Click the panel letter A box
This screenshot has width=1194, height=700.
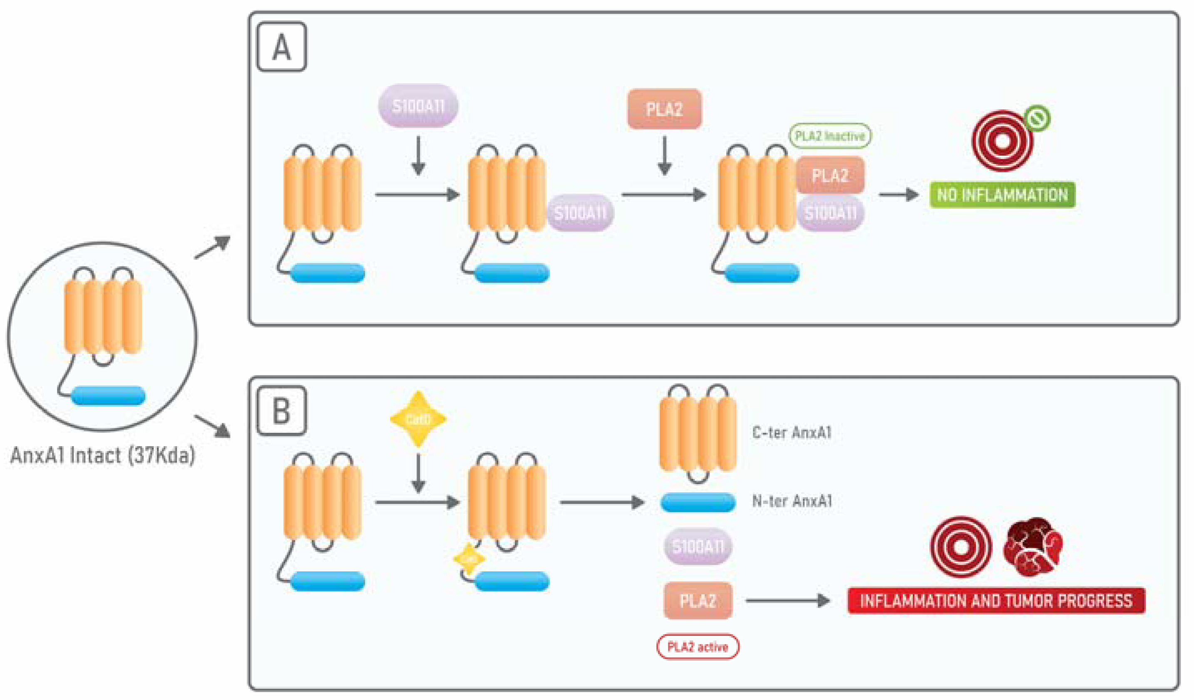[x=281, y=47]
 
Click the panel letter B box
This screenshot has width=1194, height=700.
[x=281, y=411]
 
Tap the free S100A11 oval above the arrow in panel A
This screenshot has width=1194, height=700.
[x=418, y=106]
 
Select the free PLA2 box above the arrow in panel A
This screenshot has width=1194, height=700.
[x=664, y=109]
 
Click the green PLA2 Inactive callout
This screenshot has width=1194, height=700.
[x=829, y=136]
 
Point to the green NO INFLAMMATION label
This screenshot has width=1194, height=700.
[x=1002, y=195]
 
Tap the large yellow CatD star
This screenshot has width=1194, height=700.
[x=418, y=419]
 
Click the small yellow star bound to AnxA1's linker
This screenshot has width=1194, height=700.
[x=469, y=559]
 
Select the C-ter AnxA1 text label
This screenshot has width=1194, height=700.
[x=791, y=432]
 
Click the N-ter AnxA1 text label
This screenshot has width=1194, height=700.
[x=792, y=501]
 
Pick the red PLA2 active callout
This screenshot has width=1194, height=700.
[x=697, y=646]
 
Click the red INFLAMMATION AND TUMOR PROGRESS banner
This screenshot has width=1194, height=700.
[x=996, y=601]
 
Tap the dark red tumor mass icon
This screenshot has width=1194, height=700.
[x=1033, y=547]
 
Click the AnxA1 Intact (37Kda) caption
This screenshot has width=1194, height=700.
[x=102, y=455]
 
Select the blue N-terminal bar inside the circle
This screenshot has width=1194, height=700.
[x=108, y=395]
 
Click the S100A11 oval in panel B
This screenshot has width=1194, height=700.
[x=698, y=547]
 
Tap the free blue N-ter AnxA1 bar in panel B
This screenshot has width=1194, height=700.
[x=698, y=502]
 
